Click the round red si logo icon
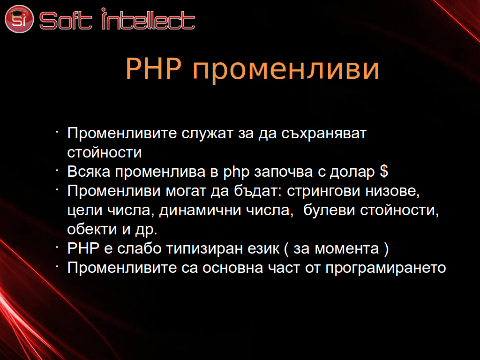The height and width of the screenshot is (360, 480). click(x=19, y=19)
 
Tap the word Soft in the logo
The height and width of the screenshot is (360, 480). click(x=66, y=21)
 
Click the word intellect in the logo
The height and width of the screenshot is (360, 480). click(x=148, y=19)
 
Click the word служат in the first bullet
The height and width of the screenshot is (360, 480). click(x=207, y=134)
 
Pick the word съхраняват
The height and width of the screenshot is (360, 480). click(x=323, y=134)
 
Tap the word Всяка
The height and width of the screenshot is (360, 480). click(x=89, y=172)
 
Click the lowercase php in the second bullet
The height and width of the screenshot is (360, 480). click(x=236, y=172)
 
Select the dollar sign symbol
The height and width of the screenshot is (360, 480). click(x=384, y=171)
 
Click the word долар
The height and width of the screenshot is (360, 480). click(x=352, y=172)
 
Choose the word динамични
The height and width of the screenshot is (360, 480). click(x=200, y=210)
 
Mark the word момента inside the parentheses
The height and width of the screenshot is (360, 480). click(x=347, y=249)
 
